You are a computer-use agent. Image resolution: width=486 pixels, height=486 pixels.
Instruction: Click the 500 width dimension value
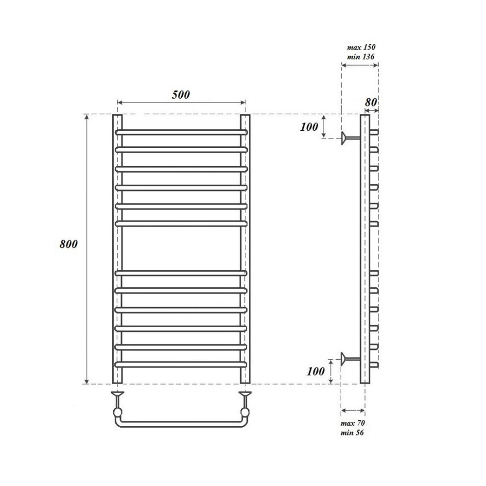[181, 95]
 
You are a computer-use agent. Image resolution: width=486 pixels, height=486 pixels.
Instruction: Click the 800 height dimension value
[69, 244]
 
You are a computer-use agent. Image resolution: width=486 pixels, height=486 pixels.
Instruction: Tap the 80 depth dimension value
[371, 102]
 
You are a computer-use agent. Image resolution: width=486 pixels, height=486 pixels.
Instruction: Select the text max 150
[361, 48]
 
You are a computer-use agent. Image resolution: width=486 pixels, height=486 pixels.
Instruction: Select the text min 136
[361, 57]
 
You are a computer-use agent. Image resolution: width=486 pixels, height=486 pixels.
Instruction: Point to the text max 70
[353, 423]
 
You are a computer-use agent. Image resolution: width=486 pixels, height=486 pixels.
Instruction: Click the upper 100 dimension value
[309, 127]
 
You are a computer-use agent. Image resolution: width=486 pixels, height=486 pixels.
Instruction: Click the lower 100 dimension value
[316, 372]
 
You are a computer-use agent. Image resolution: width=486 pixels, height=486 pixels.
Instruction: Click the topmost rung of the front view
[181, 132]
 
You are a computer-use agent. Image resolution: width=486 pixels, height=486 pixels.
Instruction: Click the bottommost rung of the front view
[181, 364]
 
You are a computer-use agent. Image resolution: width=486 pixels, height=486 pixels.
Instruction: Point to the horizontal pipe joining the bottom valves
[181, 424]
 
